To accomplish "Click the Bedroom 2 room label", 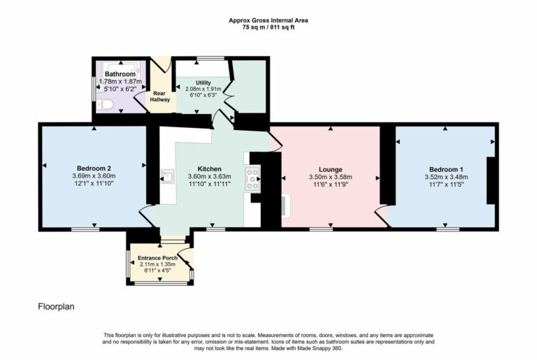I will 94,168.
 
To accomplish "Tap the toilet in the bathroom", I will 105,105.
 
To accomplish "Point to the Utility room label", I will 202,82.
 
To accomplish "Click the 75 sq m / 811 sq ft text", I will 268,27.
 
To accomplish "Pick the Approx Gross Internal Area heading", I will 268,20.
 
